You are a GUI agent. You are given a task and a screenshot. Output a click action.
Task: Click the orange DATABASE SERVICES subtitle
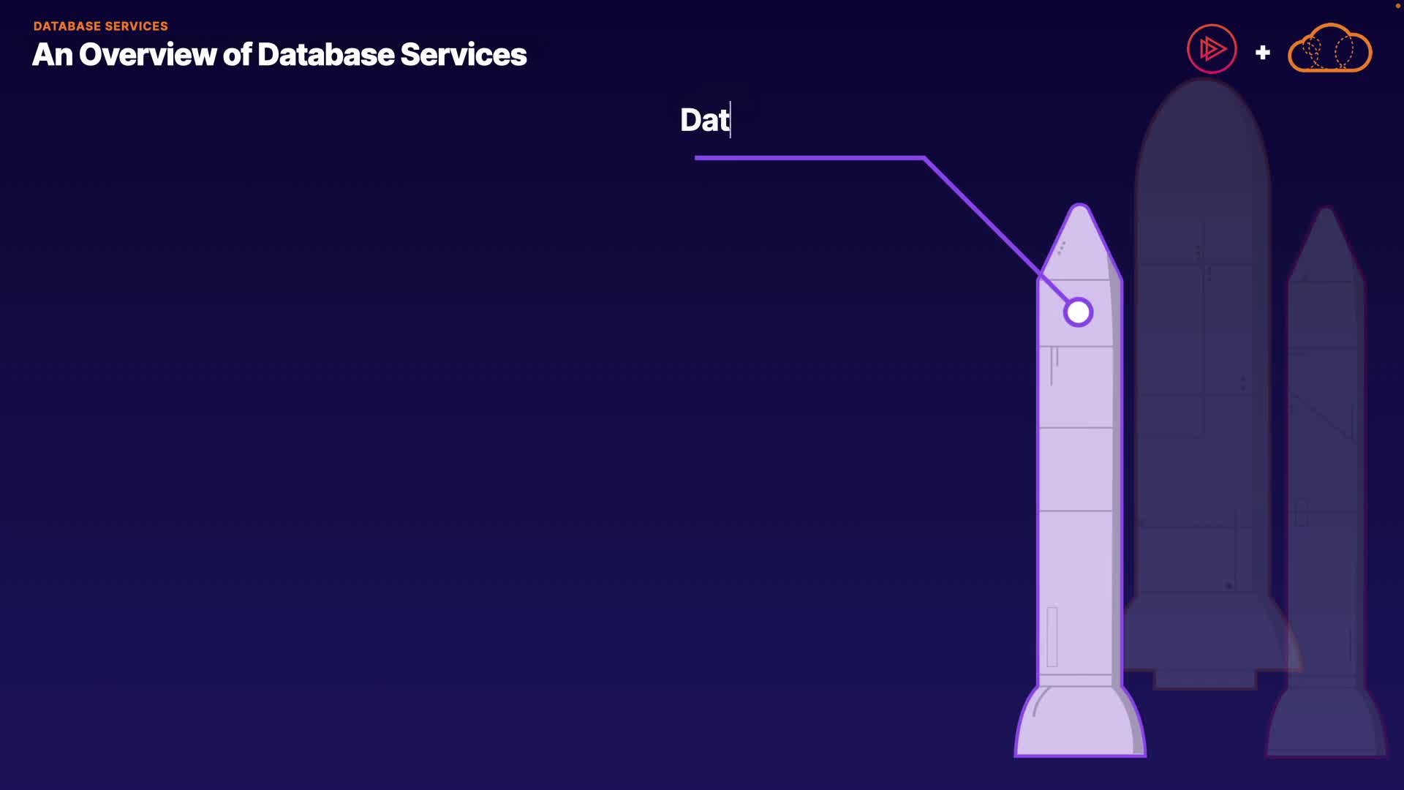(100, 26)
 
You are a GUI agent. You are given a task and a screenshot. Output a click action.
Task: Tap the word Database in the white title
(325, 55)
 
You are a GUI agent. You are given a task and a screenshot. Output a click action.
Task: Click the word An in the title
(52, 55)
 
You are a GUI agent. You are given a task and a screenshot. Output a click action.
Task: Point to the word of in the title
(237, 55)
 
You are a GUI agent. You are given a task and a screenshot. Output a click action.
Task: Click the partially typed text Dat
(704, 120)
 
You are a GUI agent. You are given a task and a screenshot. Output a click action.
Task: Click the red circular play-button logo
(1211, 50)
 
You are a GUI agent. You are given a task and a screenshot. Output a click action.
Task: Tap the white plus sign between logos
(1262, 53)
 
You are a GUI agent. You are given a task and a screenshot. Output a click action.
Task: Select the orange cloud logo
(1329, 49)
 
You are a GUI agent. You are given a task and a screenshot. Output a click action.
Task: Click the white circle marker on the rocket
(1078, 312)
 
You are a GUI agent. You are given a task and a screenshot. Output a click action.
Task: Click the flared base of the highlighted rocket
(1080, 724)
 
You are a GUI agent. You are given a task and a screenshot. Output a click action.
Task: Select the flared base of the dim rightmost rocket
(1326, 724)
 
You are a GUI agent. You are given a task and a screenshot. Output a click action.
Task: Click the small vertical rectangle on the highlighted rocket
(1052, 636)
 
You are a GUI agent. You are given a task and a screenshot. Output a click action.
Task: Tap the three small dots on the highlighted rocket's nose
(1061, 248)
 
